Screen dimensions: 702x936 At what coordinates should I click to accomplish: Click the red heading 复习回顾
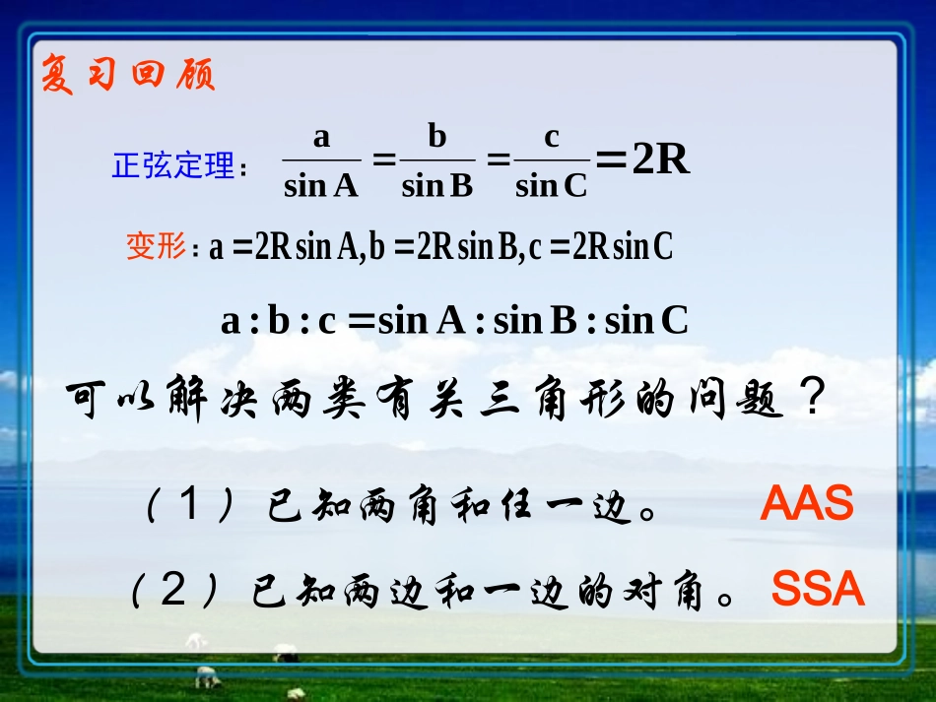pos(127,75)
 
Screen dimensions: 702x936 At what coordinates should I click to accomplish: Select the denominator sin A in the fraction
pos(320,185)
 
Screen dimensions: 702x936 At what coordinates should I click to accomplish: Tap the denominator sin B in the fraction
pos(437,185)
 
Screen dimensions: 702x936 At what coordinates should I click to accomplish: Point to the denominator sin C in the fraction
pos(551,185)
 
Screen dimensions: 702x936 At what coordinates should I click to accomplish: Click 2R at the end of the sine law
pos(660,160)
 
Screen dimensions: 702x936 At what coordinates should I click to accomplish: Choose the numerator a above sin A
pos(321,137)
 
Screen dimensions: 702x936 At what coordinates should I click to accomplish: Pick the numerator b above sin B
pos(437,136)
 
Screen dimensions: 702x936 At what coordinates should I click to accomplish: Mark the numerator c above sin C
pos(552,137)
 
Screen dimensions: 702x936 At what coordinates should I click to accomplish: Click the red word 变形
pos(156,246)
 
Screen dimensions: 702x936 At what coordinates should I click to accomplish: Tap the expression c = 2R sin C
pos(601,247)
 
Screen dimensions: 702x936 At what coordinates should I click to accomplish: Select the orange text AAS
pos(806,505)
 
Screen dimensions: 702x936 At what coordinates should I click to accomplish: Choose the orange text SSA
pos(818,590)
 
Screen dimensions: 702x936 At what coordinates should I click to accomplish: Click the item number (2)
pos(173,591)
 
